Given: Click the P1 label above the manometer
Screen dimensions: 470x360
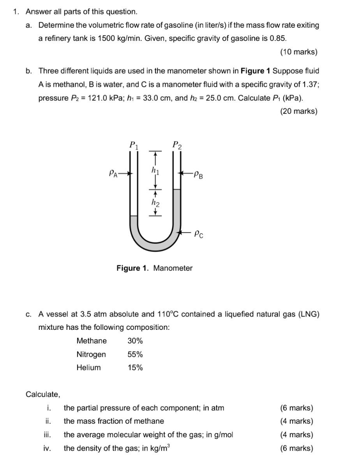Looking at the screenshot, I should tap(134, 145).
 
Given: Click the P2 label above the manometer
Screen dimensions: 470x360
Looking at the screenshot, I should tap(177, 145).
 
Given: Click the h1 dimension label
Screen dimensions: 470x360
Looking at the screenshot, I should tap(155, 170).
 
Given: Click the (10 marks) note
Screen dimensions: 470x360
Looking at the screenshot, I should tap(298, 52).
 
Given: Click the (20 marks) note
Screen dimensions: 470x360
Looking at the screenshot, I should tap(298, 111).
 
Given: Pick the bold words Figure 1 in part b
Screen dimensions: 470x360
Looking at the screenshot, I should tap(255, 71).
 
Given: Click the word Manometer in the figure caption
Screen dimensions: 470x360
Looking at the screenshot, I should tap(173, 268).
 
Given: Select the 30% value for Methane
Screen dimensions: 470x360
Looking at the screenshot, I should tap(135, 341).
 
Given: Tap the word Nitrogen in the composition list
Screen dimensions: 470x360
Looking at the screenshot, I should tap(91, 354).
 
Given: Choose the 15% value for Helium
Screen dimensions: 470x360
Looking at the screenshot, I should tap(135, 368).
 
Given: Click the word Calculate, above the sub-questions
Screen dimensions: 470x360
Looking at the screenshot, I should tap(43, 394).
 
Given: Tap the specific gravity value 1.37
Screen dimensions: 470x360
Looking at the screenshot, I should tap(307, 84).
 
